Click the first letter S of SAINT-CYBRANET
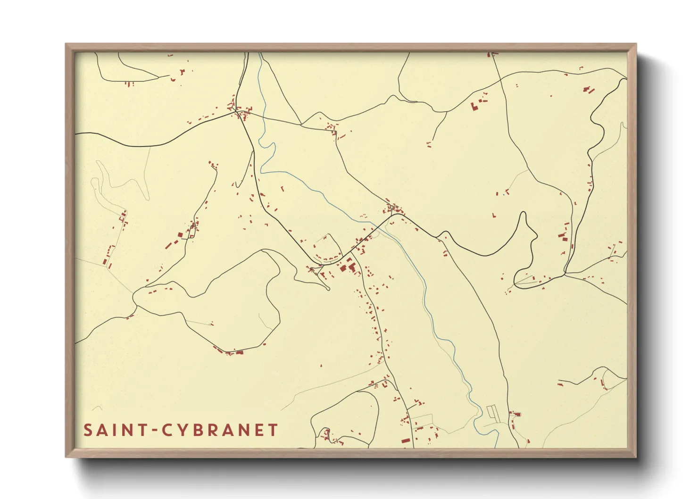[88, 430]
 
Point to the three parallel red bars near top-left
[130, 84]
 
